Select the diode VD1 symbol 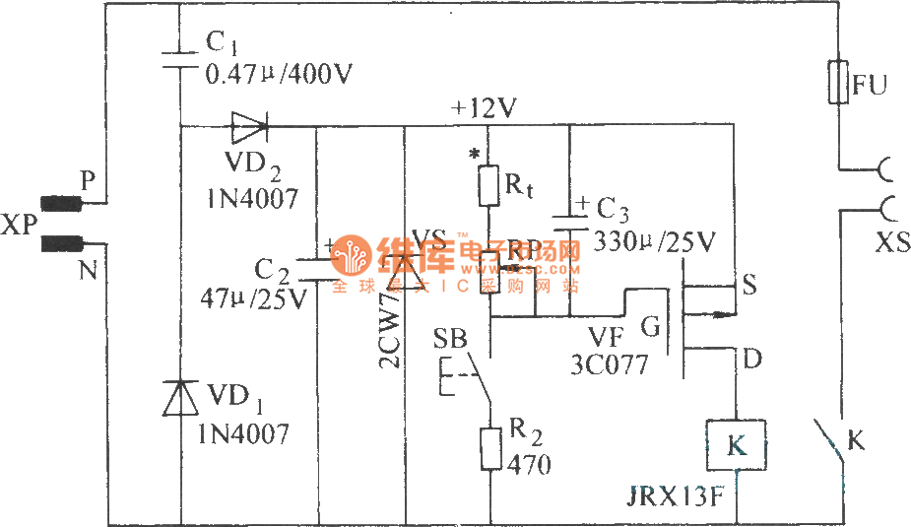[x=181, y=399]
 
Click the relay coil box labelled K [x=735, y=444]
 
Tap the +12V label [x=484, y=107]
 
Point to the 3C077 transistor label [x=609, y=364]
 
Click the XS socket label [x=892, y=242]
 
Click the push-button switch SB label [x=451, y=340]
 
